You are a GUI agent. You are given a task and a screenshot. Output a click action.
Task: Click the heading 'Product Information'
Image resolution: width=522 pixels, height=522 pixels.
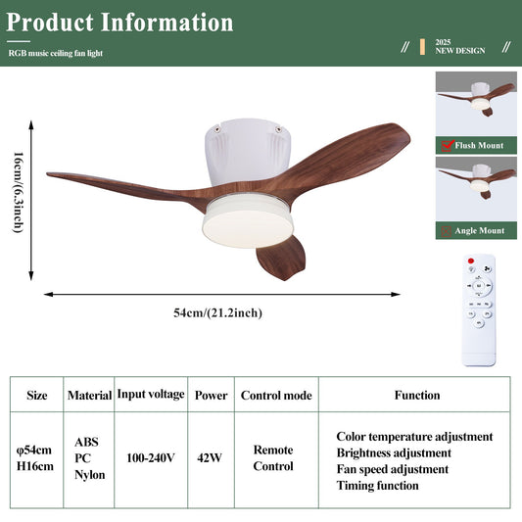[x=120, y=22]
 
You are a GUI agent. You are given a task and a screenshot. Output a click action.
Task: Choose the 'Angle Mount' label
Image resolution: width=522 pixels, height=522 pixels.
[x=480, y=231]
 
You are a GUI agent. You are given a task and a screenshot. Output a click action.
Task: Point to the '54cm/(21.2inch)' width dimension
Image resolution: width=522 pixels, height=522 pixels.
[x=217, y=312]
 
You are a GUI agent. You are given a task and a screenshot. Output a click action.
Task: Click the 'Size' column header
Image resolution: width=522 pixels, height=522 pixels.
[x=37, y=396]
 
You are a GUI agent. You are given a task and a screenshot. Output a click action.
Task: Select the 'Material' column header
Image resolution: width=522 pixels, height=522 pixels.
[x=89, y=396]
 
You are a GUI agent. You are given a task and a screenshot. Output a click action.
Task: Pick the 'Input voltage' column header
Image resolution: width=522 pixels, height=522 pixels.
[x=151, y=394]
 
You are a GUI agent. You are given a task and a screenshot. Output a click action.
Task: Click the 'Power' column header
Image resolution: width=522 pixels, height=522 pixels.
[x=211, y=396]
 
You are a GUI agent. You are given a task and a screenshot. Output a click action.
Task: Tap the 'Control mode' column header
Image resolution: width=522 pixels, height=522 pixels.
[x=275, y=396]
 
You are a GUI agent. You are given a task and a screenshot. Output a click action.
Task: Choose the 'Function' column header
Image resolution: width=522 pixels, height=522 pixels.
[x=417, y=396]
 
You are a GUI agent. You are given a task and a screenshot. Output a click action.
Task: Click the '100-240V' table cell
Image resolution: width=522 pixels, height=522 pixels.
[x=151, y=457]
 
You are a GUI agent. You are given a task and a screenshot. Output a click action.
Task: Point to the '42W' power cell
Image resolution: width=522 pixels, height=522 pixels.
[x=209, y=457]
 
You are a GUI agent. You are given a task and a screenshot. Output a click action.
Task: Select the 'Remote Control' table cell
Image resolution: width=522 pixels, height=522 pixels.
[x=273, y=458]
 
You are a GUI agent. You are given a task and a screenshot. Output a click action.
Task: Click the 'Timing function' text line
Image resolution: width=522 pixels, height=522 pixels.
[x=377, y=486]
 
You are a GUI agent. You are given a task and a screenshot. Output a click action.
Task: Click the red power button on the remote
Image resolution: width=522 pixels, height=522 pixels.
[x=470, y=262]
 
